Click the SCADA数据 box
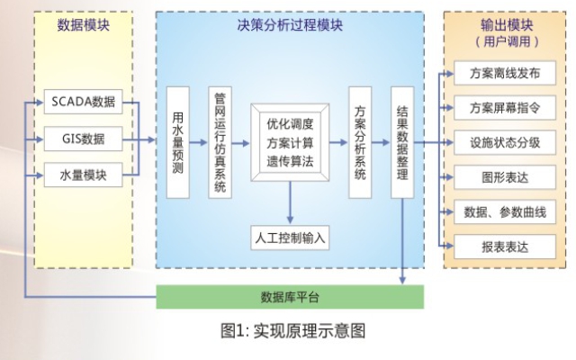pos(83,101)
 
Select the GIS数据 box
pos(83,139)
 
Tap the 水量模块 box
pos(83,175)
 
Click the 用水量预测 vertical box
pos(178,142)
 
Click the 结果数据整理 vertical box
pos(401,142)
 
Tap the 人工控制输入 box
pos(290,238)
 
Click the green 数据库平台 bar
pos(289,298)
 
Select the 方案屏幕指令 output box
pos(499,108)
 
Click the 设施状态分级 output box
pos(499,142)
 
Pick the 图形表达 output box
pos(499,177)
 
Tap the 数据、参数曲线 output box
pos(499,211)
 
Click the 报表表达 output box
pos(499,246)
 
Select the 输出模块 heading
pos(499,25)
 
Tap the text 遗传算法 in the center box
pos(290,162)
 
